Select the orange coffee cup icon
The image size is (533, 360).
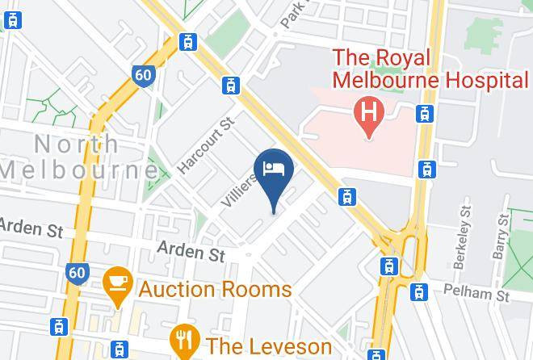point(119,283)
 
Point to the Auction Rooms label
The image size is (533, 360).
point(215,289)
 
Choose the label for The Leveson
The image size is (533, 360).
point(268,346)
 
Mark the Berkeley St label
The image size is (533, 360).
point(465,230)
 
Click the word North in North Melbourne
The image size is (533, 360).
point(76,144)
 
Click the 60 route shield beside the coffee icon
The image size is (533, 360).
point(77,272)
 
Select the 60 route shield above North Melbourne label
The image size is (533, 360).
point(143,75)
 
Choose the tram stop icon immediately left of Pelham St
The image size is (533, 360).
point(419,291)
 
